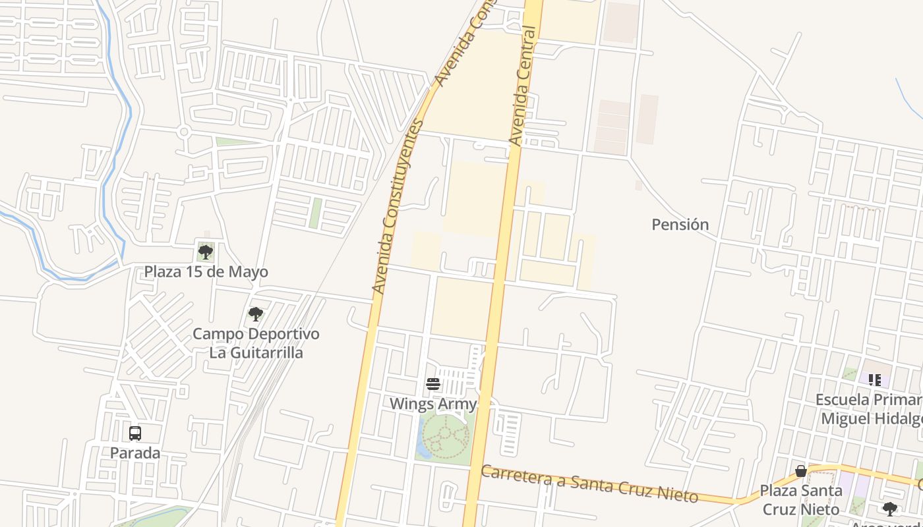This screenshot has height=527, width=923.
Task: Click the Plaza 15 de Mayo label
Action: pyautogui.click(x=206, y=271)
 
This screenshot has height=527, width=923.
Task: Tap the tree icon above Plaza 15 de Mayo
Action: pyautogui.click(x=206, y=252)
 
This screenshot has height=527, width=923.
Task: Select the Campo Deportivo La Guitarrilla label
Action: pyautogui.click(x=256, y=343)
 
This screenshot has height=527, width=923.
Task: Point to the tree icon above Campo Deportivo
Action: pyautogui.click(x=256, y=314)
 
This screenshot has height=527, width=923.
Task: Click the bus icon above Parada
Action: pyautogui.click(x=135, y=433)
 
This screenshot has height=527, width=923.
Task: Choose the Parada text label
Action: pyautogui.click(x=135, y=453)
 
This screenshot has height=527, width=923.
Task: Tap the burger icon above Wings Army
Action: pyautogui.click(x=433, y=384)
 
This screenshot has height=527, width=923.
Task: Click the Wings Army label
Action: pyautogui.click(x=433, y=404)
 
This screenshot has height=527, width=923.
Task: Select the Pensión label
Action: pyautogui.click(x=680, y=225)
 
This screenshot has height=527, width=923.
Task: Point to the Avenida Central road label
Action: pyautogui.click(x=525, y=86)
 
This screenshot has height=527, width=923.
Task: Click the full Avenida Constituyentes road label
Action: pyautogui.click(x=398, y=206)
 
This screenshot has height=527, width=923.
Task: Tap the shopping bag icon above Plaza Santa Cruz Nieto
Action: pyautogui.click(x=801, y=471)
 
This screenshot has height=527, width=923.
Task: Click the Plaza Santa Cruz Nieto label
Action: pyautogui.click(x=801, y=500)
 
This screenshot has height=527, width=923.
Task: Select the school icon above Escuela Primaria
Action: pyautogui.click(x=875, y=380)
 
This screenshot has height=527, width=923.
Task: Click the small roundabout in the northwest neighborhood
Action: pyautogui.click(x=184, y=132)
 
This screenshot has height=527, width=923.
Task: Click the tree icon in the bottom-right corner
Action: pyautogui.click(x=889, y=509)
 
